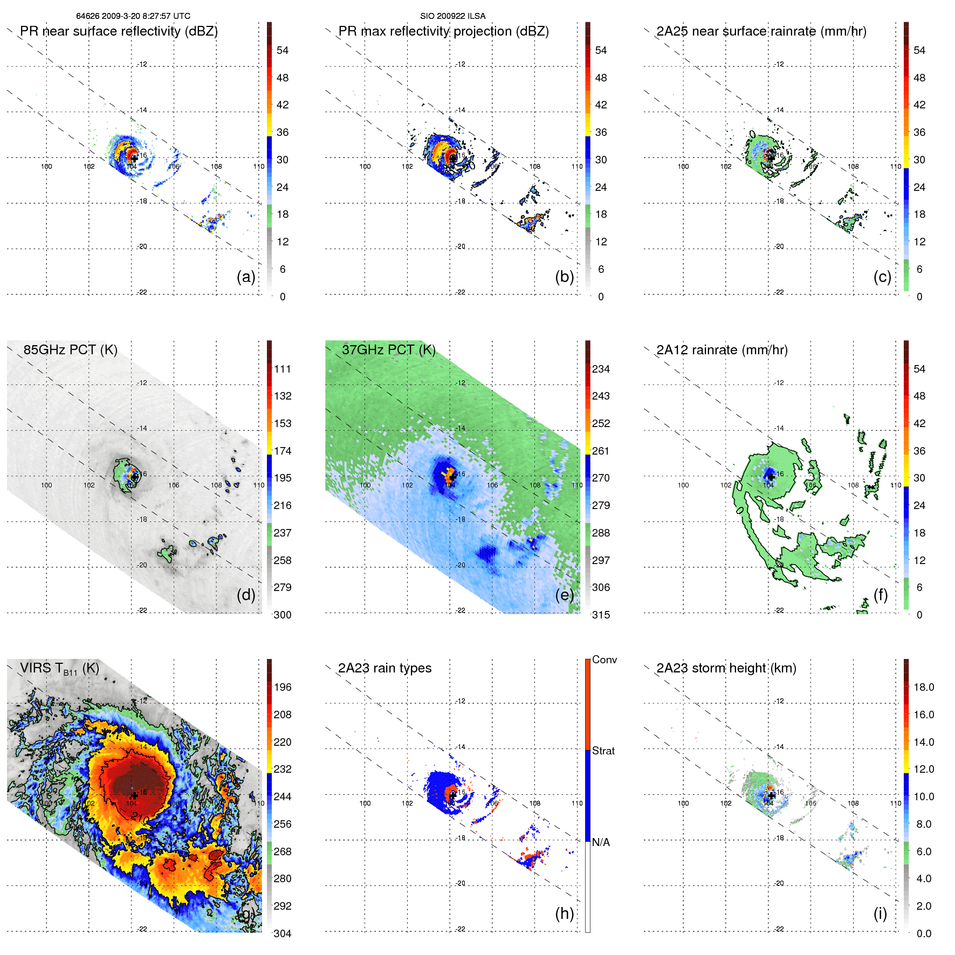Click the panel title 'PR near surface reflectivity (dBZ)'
(x=119, y=31)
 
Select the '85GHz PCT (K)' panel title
(x=70, y=349)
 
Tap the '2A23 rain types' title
(x=384, y=668)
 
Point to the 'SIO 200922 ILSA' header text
(x=452, y=16)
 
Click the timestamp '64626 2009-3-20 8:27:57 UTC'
(x=133, y=16)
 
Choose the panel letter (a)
(x=246, y=277)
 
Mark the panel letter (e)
(x=564, y=595)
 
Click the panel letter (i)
(x=880, y=913)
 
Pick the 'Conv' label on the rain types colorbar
(x=604, y=659)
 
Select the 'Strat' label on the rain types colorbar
(x=603, y=751)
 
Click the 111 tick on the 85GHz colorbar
(x=282, y=369)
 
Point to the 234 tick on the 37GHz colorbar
(x=601, y=369)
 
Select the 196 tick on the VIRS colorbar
(x=282, y=687)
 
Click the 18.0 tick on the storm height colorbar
(x=923, y=687)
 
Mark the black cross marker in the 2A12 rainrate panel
(x=771, y=477)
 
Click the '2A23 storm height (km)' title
(x=726, y=668)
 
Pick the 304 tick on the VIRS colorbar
(x=282, y=933)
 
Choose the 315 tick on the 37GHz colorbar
(x=601, y=615)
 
